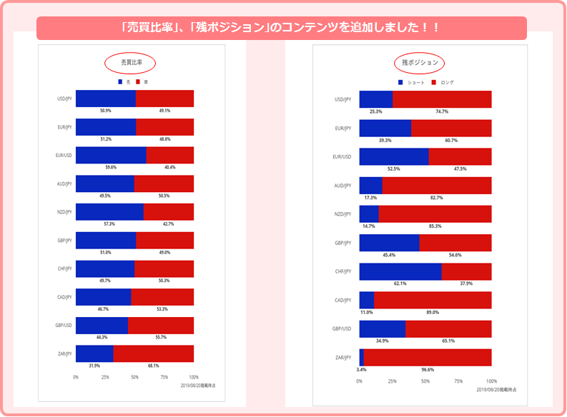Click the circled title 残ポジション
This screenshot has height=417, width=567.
click(x=420, y=64)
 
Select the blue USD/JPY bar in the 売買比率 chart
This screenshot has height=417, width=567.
click(x=105, y=99)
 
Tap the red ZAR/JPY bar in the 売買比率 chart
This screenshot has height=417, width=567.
click(x=153, y=353)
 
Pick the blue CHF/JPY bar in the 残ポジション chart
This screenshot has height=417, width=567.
click(x=400, y=271)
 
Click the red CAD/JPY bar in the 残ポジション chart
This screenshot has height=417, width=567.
click(x=433, y=300)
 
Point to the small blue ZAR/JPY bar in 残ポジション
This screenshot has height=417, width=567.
click(x=361, y=357)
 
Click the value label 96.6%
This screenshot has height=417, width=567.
click(x=427, y=369)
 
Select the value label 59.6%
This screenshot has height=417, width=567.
click(x=105, y=167)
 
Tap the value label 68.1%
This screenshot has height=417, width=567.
click(x=153, y=366)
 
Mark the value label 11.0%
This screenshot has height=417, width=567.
click(x=367, y=312)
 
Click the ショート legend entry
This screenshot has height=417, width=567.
click(x=412, y=83)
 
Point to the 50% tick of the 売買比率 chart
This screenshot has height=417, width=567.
click(x=134, y=376)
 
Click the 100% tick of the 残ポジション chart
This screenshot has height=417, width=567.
click(x=491, y=381)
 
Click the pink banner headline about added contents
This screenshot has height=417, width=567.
click(x=281, y=28)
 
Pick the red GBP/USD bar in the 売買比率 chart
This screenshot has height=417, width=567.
click(x=161, y=325)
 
